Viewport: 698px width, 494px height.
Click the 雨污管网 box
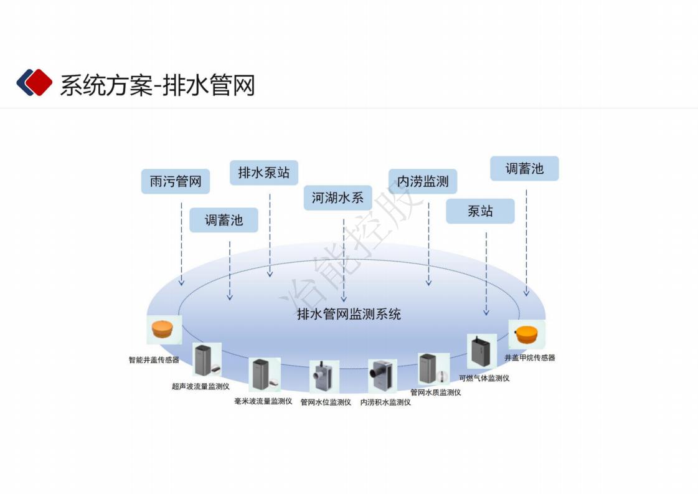pyautogui.click(x=175, y=181)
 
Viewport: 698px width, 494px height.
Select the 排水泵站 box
pyautogui.click(x=264, y=173)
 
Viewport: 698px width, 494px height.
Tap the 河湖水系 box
pyautogui.click(x=337, y=198)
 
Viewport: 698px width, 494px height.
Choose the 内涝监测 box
pyautogui.click(x=423, y=181)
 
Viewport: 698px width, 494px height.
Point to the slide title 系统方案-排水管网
pyautogui.click(x=157, y=85)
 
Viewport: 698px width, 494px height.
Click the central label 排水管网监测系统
pyautogui.click(x=349, y=314)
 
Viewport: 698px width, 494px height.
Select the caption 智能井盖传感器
pyautogui.click(x=154, y=359)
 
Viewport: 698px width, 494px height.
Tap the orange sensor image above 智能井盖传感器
pyautogui.click(x=164, y=330)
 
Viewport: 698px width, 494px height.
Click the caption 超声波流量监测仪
pyautogui.click(x=200, y=386)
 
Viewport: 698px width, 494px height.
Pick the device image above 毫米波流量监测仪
pyautogui.click(x=264, y=374)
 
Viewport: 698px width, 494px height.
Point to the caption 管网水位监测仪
pyautogui.click(x=326, y=402)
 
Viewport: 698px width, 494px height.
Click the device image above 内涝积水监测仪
pyautogui.click(x=382, y=376)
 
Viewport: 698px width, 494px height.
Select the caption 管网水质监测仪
pyautogui.click(x=436, y=392)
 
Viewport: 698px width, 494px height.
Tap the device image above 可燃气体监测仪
pyautogui.click(x=481, y=351)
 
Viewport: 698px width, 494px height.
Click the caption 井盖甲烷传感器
pyautogui.click(x=530, y=358)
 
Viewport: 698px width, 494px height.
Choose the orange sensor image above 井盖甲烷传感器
pyautogui.click(x=527, y=335)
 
